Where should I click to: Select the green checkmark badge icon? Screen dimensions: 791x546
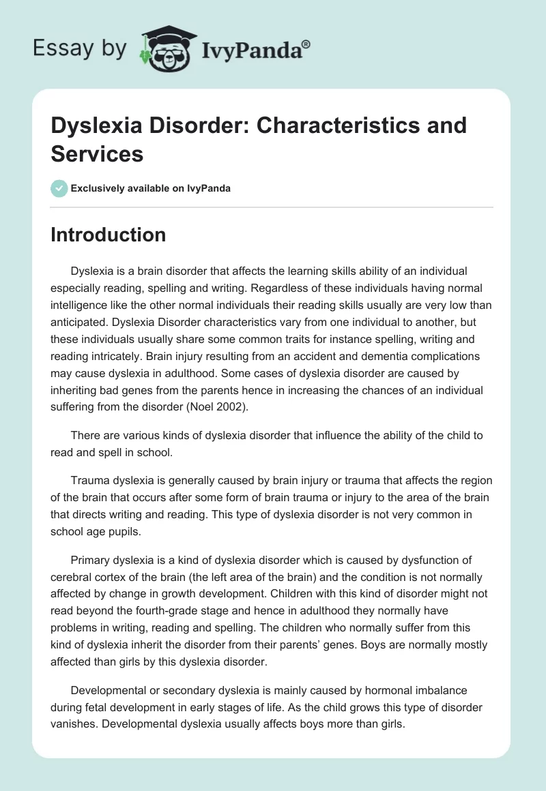coord(59,188)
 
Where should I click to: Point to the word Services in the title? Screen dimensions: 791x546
coord(97,153)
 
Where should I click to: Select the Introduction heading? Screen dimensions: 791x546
coord(109,235)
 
